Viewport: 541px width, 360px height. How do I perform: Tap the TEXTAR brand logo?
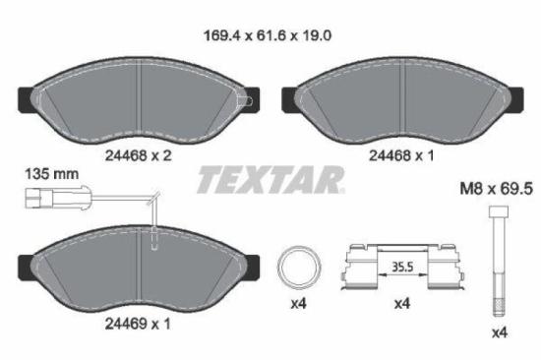(x=270, y=179)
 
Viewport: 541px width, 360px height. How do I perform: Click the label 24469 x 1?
(x=138, y=322)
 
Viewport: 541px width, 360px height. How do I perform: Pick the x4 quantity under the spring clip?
(x=401, y=305)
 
